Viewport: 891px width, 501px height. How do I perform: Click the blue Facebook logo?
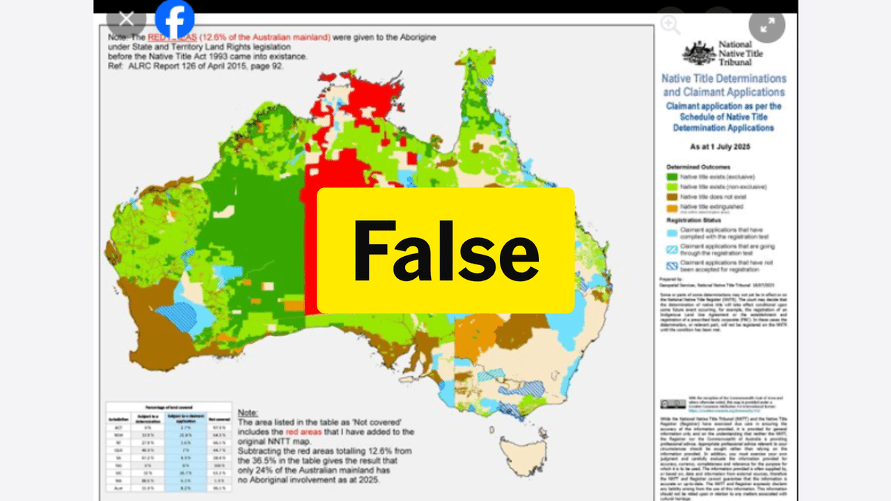tap(174, 19)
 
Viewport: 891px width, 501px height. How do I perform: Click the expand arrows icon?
tap(766, 25)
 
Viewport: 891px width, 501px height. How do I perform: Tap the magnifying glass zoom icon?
tap(670, 24)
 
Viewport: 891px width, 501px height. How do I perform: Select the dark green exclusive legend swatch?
tap(672, 177)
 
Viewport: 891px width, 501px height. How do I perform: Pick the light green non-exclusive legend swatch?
tap(672, 186)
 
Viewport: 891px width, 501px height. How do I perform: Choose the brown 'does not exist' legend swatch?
tap(672, 197)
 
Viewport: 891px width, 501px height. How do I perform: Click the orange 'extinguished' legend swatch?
tap(672, 207)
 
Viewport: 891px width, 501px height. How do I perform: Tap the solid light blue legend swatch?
tap(672, 231)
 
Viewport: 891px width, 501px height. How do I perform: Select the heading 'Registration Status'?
tap(695, 219)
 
